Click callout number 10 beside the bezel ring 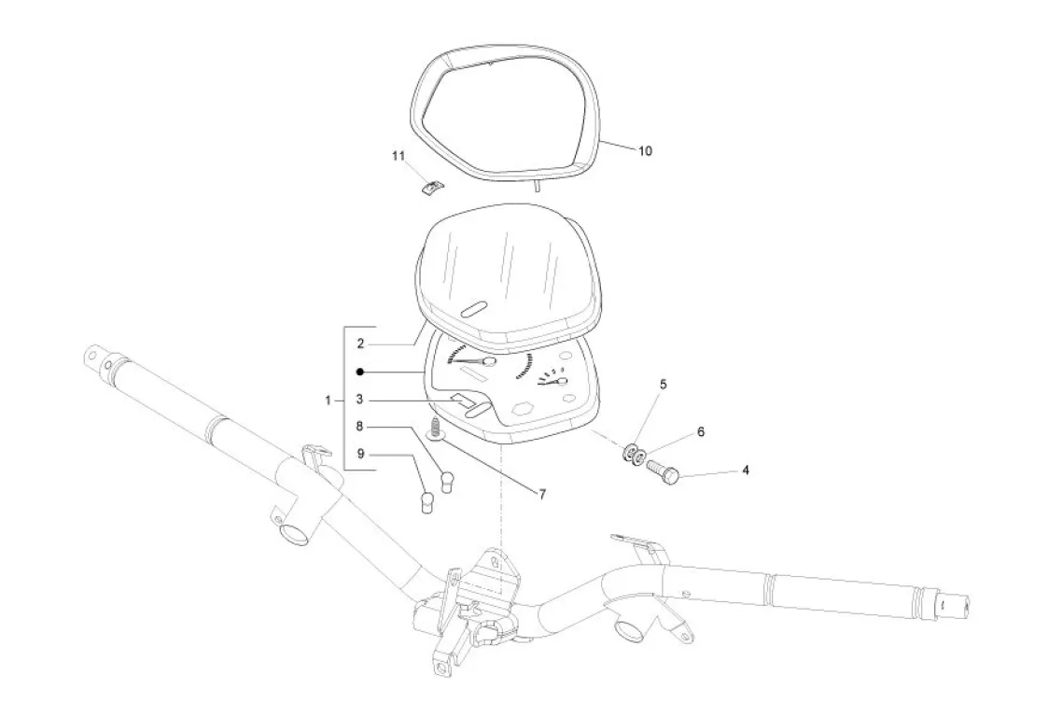coord(645,149)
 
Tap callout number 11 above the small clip coord(398,157)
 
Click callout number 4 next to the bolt coord(745,471)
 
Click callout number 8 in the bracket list coord(359,427)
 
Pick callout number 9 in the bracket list coord(359,455)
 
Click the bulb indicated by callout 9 coord(428,504)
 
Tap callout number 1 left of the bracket coord(329,400)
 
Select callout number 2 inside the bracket coord(359,344)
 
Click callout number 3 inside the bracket coord(359,400)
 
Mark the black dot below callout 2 coord(359,372)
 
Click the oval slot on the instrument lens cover coord(477,309)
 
